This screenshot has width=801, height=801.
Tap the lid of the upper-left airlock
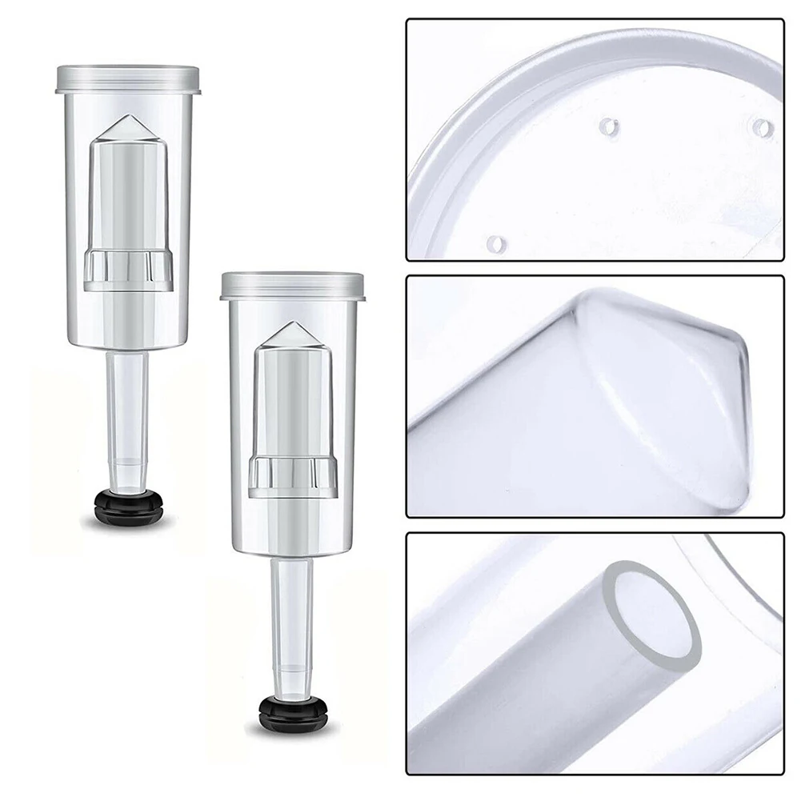[x=127, y=78]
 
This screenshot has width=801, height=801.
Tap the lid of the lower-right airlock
[x=292, y=285]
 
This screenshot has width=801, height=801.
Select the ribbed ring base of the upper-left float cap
[x=128, y=270]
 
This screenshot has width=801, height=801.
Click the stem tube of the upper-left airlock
[x=128, y=400]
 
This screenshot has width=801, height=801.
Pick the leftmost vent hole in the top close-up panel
[x=610, y=126]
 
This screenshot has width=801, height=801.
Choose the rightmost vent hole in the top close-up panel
[x=763, y=127]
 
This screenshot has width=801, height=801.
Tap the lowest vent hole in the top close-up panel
[x=497, y=242]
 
